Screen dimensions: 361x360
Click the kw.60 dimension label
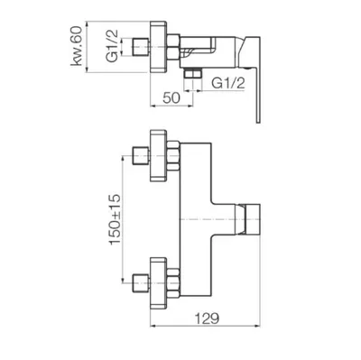point(76,46)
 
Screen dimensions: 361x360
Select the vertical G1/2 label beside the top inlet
point(112,46)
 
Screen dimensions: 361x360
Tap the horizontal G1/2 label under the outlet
point(228,83)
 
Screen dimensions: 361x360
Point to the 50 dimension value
point(171,98)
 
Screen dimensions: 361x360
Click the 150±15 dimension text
point(115,219)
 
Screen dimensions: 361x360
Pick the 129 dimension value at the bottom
point(207,318)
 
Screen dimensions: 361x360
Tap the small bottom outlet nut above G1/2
point(192,73)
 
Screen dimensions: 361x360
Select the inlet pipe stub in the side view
point(141,47)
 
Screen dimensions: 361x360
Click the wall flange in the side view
point(158,47)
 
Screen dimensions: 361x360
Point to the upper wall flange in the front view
point(158,155)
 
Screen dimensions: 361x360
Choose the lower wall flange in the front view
point(158,283)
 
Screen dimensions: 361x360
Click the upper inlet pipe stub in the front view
point(141,155)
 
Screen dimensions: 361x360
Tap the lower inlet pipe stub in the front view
point(141,283)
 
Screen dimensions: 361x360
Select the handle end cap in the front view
point(253,219)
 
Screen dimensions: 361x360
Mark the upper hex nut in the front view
point(173,155)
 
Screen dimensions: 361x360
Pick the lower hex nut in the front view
point(173,283)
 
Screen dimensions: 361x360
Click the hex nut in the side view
point(173,47)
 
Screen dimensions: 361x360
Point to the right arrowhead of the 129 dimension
point(257,326)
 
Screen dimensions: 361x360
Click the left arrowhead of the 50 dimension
point(153,106)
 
